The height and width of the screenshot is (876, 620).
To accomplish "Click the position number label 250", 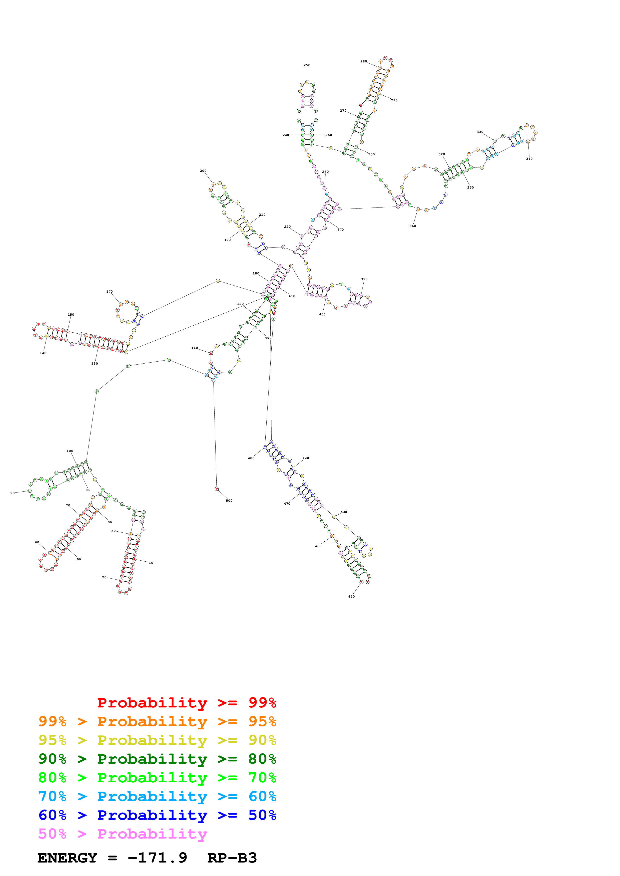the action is tap(307, 65).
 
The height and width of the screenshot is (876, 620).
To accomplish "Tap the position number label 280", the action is tap(363, 61).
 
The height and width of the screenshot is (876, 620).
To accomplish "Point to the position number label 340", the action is tap(529, 159).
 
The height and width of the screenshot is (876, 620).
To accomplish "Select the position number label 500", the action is tap(229, 501).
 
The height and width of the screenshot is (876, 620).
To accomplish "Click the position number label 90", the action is tap(13, 493).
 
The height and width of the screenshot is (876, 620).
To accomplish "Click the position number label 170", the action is tap(109, 291).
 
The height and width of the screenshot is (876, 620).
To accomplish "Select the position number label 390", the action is tap(364, 279).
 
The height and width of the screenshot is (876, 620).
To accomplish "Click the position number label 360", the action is tap(413, 226).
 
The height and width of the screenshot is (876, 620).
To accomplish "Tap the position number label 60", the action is tap(37, 542).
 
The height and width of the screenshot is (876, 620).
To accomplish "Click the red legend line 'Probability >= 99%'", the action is tap(186, 703).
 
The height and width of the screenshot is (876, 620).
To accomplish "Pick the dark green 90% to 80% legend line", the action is tap(157, 759).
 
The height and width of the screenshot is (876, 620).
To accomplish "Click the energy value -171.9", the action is tap(157, 858).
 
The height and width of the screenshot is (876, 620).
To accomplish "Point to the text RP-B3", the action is tap(232, 858).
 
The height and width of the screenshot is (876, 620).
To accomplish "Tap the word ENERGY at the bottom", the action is tap(67, 858).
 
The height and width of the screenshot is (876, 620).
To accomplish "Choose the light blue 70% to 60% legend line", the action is tap(157, 796).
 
